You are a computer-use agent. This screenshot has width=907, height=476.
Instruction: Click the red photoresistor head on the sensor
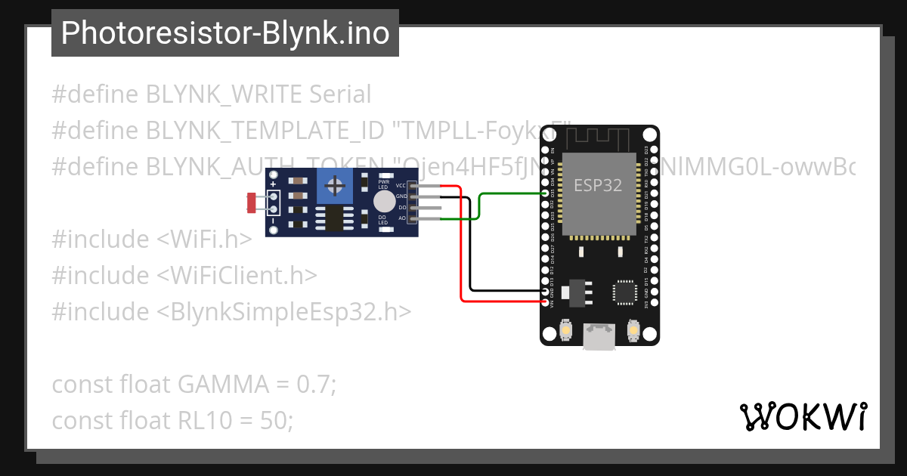pyautogui.click(x=252, y=202)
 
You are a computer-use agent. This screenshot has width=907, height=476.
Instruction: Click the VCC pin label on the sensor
pyautogui.click(x=400, y=185)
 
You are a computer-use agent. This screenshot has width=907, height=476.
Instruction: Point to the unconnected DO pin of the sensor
pyautogui.click(x=427, y=207)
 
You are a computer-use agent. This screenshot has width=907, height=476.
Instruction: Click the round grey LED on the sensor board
pyautogui.click(x=384, y=201)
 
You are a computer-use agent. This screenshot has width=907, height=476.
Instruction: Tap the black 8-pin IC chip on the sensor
pyautogui.click(x=333, y=218)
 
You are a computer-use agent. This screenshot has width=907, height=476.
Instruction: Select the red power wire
pyautogui.click(x=461, y=249)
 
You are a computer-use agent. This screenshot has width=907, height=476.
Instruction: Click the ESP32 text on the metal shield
pyautogui.click(x=598, y=185)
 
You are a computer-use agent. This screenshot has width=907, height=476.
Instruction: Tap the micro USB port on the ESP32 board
pyautogui.click(x=599, y=337)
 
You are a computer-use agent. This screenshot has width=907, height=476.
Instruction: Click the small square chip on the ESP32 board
pyautogui.click(x=625, y=292)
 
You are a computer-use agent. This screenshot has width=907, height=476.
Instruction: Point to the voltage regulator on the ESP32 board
pyautogui.click(x=574, y=292)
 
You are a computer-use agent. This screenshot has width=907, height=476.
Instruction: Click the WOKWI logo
pyautogui.click(x=802, y=416)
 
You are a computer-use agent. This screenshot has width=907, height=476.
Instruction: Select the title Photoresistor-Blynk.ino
pyautogui.click(x=225, y=33)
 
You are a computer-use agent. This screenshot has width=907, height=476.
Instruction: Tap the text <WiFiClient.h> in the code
pyautogui.click(x=237, y=275)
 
